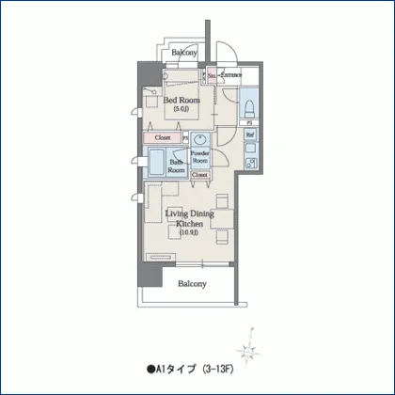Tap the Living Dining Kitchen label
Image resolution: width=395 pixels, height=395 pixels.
click(x=189, y=218)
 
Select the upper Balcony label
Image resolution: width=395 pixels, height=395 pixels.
click(x=184, y=54)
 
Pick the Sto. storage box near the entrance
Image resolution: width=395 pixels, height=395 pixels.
click(x=212, y=74)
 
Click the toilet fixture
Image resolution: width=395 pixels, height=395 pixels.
click(x=249, y=103)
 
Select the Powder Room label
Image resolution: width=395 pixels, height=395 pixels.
click(x=199, y=156)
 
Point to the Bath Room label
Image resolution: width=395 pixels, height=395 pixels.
click(x=176, y=167)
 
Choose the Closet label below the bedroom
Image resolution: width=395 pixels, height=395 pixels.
click(x=164, y=137)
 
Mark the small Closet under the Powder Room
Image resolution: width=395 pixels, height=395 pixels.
click(x=200, y=175)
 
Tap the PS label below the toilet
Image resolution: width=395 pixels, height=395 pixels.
click(x=249, y=123)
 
